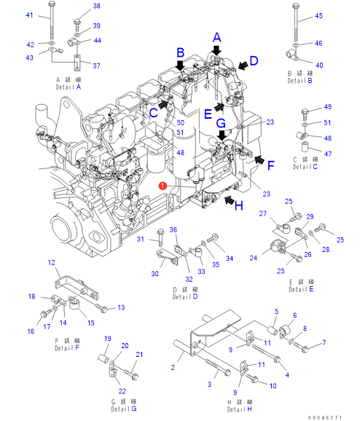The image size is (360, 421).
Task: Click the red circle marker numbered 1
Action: point(163,186)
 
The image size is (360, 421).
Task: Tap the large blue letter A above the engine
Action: point(217,38)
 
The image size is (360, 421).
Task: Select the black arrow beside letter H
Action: point(229,200)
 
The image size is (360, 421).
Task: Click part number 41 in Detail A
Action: point(30,15)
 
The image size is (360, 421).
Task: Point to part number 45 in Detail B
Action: point(318,16)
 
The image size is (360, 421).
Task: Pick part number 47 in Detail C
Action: point(327,154)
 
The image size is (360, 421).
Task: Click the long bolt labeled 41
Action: point(51,20)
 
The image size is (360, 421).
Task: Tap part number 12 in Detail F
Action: point(51,263)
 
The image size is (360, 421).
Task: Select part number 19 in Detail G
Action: point(108,339)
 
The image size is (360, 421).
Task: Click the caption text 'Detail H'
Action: point(240,409)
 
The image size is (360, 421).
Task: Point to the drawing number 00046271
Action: point(325,417)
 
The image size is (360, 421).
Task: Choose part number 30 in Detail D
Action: point(154,274)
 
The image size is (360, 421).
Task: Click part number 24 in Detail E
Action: point(254,258)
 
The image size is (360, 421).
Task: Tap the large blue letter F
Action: point(271,165)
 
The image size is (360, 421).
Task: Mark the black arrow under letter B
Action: point(180,66)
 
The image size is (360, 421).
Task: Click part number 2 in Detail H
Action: point(173,367)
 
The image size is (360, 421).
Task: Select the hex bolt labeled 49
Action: point(305,114)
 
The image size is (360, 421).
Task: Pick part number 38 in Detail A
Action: point(96,6)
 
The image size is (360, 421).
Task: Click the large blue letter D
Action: point(254,60)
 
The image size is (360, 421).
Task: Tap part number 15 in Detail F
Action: point(91,323)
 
